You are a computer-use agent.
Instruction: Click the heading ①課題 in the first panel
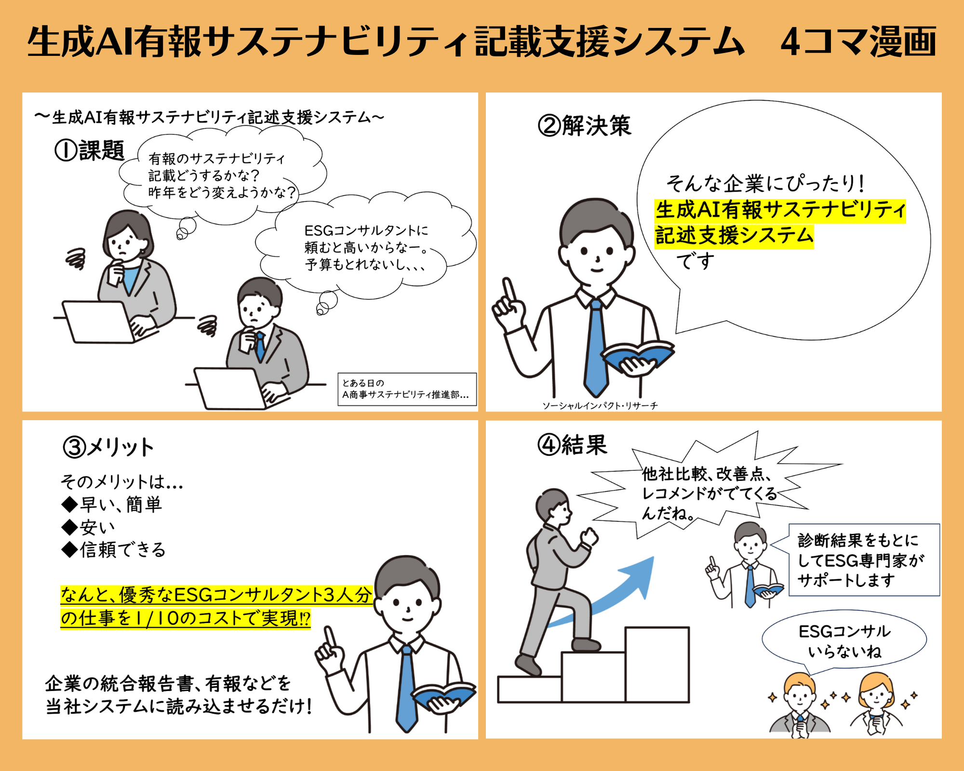click(x=90, y=150)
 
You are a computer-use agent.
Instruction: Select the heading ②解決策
click(x=584, y=126)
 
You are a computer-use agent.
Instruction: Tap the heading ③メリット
click(x=108, y=447)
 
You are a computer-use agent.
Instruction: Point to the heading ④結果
click(x=572, y=444)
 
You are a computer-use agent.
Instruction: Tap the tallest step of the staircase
click(x=657, y=665)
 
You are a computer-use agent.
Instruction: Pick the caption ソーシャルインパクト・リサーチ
click(x=600, y=406)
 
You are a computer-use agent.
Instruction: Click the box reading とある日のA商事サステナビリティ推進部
click(x=407, y=389)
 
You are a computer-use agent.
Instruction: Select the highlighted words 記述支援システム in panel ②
click(x=734, y=236)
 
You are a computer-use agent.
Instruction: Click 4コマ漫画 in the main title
click(x=858, y=42)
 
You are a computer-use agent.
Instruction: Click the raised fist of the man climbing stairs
click(x=589, y=536)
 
